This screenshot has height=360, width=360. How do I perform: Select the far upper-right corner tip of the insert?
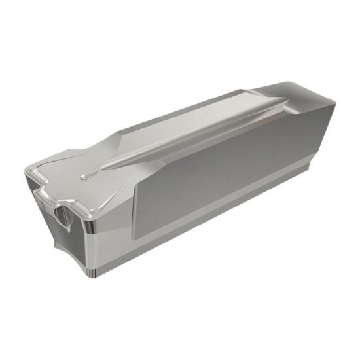(x=334, y=102)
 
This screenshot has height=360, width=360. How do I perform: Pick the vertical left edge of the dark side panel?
(x=136, y=196)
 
